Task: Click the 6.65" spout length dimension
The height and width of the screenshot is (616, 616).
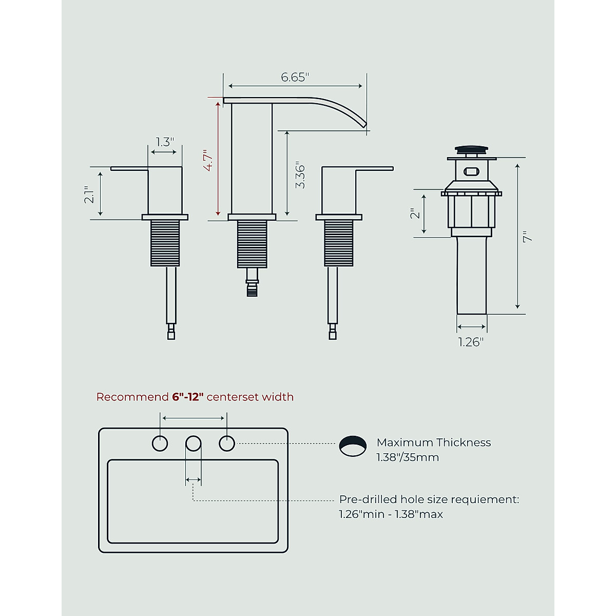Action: coord(295,78)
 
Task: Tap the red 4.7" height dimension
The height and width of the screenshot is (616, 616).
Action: coord(208,160)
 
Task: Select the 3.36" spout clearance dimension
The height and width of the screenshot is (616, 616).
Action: coord(300,177)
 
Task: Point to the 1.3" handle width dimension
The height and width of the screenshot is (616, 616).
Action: coord(165,142)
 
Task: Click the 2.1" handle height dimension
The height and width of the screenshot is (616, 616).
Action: coord(89,195)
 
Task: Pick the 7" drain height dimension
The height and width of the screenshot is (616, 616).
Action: coord(528,237)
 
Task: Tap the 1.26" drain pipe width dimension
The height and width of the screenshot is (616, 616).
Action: coord(471,342)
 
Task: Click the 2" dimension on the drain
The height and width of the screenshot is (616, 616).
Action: coord(415,214)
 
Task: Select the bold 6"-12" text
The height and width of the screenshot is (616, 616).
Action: coord(188,397)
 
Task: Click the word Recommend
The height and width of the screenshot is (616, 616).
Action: coord(132,397)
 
